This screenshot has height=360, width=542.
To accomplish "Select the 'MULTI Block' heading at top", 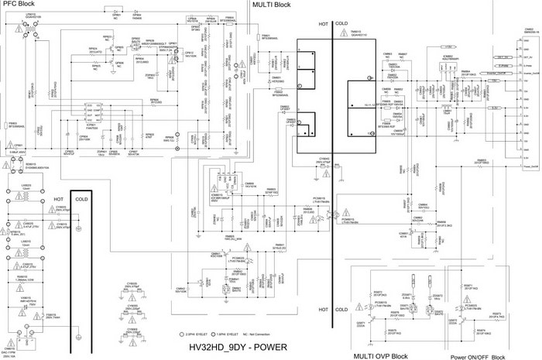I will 272,5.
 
